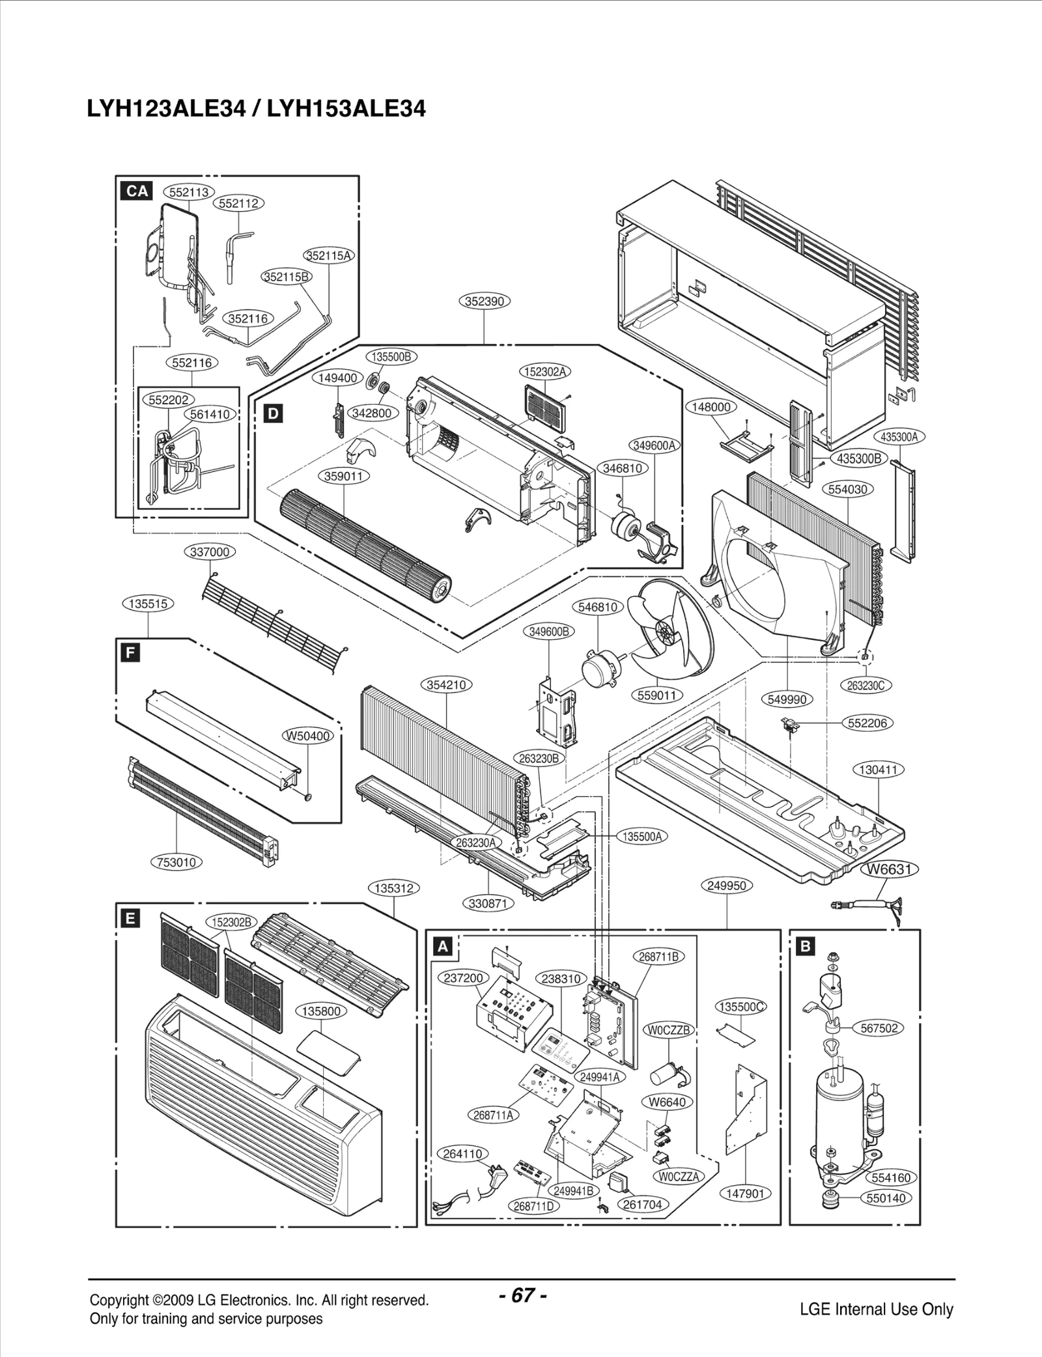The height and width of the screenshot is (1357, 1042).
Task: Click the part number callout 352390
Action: [x=485, y=301]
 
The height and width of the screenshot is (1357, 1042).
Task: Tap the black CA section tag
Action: [x=137, y=191]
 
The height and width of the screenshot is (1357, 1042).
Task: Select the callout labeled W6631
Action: [x=890, y=869]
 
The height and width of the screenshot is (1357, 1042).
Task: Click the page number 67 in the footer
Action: [x=523, y=1277]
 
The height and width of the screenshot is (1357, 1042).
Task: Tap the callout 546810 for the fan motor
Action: [x=598, y=607]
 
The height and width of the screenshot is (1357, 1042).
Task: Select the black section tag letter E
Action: [x=131, y=918]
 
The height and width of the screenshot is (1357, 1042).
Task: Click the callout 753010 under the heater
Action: [x=177, y=862]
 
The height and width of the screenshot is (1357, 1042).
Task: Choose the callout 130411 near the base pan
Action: [x=879, y=770]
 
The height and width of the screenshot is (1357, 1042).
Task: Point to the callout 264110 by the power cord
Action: [x=462, y=1154]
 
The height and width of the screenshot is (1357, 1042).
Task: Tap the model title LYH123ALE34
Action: [x=166, y=109]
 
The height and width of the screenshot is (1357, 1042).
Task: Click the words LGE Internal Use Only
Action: [x=877, y=1291]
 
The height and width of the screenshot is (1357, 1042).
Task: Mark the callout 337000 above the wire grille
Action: [x=210, y=552]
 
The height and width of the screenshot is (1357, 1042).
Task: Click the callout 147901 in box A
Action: [x=745, y=1194]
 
